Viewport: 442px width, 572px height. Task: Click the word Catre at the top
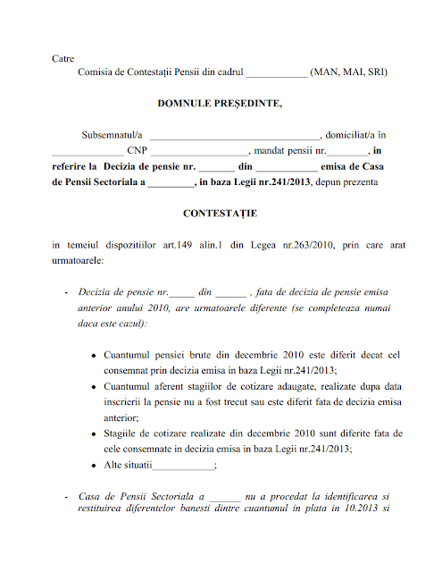[x=63, y=58]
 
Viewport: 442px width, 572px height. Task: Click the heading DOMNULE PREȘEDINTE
[x=220, y=104]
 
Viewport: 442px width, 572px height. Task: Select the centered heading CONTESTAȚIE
[x=220, y=214]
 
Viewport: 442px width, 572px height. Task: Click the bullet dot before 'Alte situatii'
[x=95, y=466]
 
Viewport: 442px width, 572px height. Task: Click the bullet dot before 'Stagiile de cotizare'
[x=95, y=433]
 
